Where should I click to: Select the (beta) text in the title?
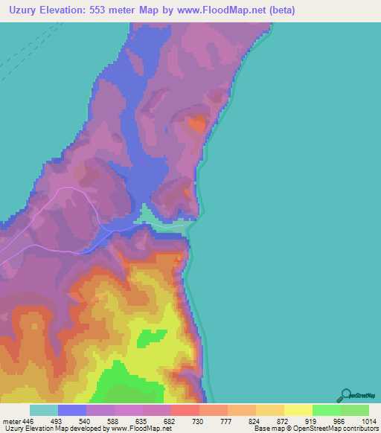pos(280,10)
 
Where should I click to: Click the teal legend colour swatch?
pos(44,410)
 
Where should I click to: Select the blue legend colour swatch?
pos(72,410)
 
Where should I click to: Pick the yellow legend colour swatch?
pos(298,410)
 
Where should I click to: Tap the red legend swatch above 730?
pos(185,410)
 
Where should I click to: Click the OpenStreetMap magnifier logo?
pos(345,394)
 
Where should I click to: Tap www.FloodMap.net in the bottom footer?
pos(141,429)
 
